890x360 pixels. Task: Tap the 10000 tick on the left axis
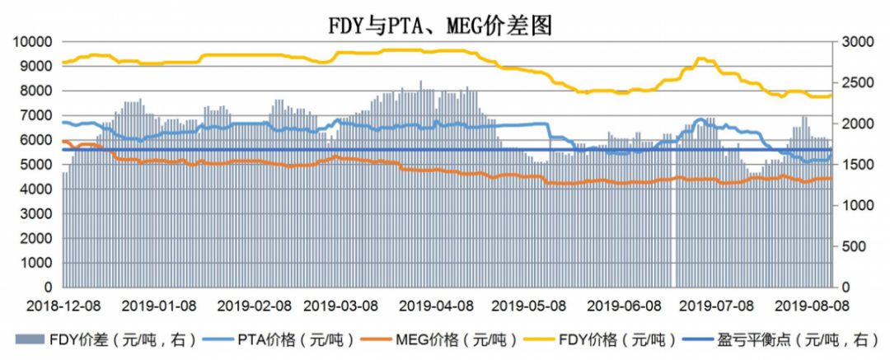tap(33, 42)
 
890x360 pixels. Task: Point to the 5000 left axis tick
tap(36, 165)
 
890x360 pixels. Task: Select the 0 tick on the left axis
tap(48, 288)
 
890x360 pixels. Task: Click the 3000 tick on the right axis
tap(855, 42)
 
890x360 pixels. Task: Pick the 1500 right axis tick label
tap(855, 165)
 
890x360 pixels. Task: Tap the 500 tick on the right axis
tap(852, 246)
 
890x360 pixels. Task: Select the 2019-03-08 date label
tap(340, 306)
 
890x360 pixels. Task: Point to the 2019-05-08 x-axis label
tap(529, 306)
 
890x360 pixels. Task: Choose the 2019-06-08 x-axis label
tap(624, 306)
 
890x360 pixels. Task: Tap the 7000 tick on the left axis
tap(36, 115)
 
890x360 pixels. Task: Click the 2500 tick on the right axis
tap(855, 83)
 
